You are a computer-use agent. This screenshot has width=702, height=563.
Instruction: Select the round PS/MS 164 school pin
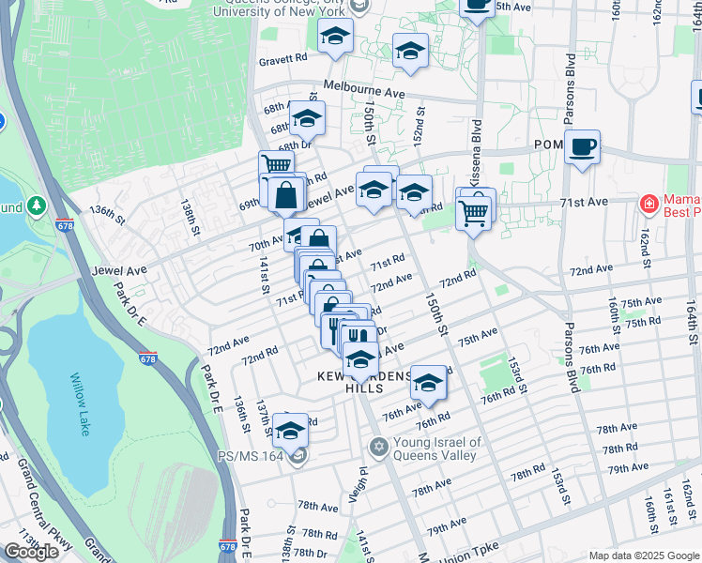(298, 457)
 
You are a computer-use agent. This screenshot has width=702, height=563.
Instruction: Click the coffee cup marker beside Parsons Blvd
(582, 148)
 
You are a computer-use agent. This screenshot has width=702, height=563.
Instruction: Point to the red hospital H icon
(649, 204)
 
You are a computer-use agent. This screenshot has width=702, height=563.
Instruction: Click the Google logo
(31, 551)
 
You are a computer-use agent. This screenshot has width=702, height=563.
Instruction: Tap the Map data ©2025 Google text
(643, 555)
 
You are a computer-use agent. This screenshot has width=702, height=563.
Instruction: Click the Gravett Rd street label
(284, 57)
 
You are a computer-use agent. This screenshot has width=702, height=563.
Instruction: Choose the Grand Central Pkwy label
(48, 507)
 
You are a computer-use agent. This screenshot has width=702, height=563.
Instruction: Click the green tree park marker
(37, 204)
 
